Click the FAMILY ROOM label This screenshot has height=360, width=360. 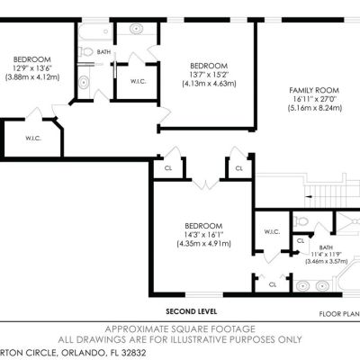314,90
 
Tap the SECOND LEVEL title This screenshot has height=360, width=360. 192,311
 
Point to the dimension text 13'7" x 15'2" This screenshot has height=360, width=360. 209,75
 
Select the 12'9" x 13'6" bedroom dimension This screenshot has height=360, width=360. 32,68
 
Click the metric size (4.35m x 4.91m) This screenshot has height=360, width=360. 204,244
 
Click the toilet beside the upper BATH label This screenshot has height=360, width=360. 85,52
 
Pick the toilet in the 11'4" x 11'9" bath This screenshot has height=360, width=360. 301,221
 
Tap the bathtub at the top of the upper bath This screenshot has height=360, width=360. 95,31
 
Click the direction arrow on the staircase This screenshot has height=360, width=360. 309,197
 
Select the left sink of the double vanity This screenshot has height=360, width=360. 302,285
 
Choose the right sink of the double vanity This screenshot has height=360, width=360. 322,285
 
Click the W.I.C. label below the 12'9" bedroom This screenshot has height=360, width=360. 33,139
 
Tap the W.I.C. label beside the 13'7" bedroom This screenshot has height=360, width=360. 138,81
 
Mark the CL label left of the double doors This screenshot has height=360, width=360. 168,168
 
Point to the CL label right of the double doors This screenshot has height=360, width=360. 238,168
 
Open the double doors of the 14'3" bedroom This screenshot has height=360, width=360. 206,184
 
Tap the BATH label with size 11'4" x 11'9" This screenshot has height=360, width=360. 326,247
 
